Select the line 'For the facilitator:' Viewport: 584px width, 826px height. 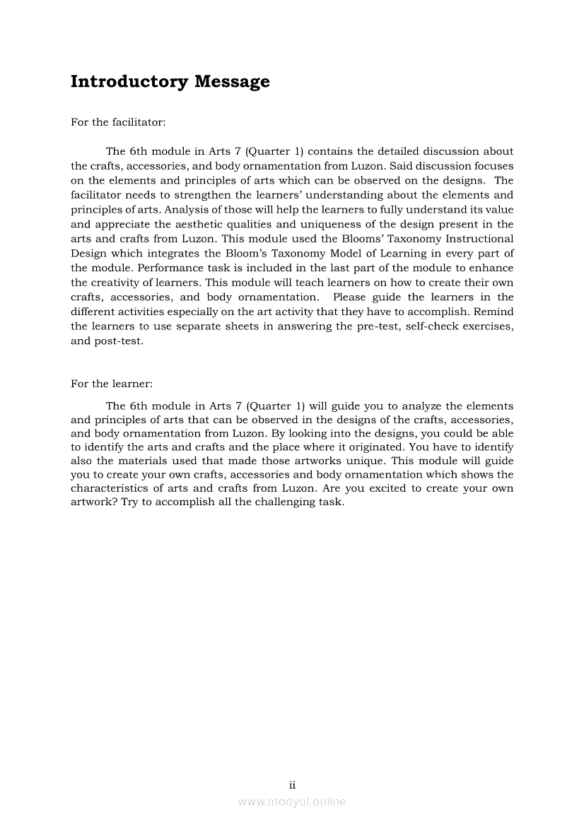118,122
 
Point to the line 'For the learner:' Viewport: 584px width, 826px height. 112,384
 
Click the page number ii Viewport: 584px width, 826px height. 292,785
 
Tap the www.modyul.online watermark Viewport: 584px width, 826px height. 292,801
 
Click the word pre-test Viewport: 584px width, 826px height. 373,326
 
